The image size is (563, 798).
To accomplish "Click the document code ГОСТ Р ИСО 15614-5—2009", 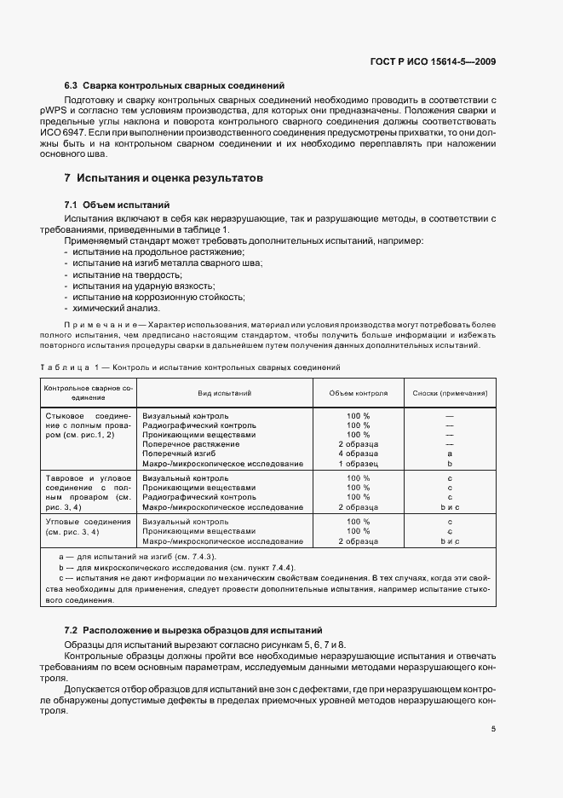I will coord(437,61).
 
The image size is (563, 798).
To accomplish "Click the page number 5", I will coord(493,729).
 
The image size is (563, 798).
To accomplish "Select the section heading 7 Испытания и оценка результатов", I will coord(164,178).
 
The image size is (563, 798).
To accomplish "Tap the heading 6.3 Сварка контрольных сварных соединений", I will coord(175,86).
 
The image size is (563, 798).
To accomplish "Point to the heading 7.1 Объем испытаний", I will coord(117,205).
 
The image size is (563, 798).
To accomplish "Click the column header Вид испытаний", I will coord(224,394).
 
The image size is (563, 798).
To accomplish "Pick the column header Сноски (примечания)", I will coord(450,394).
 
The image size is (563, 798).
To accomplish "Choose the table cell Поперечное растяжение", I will coord(191,444).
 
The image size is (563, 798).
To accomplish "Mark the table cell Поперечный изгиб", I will coord(179,454).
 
